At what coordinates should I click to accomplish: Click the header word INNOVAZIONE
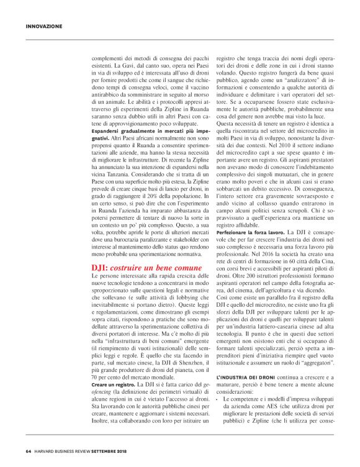coord(44,27)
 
